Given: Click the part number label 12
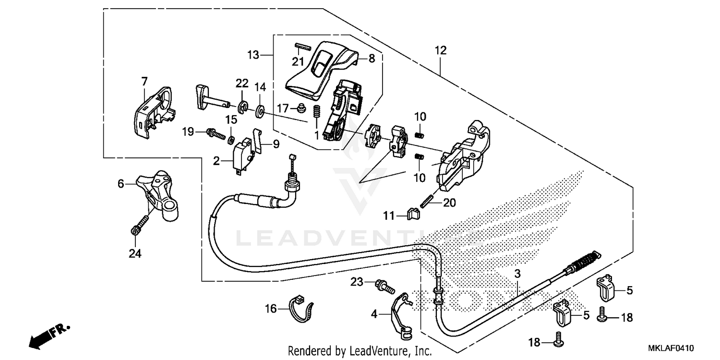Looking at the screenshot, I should tap(440, 50).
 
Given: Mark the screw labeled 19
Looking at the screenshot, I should tap(216, 133).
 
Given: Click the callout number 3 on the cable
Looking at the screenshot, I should tap(517, 275).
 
